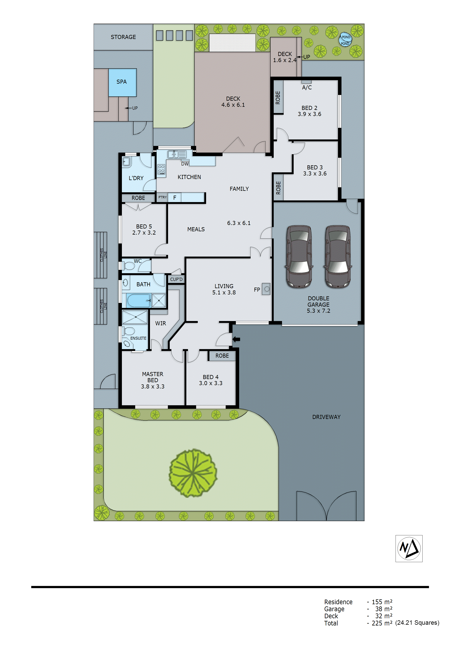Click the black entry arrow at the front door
pyautogui.click(x=236, y=339)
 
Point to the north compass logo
pyautogui.click(x=409, y=548)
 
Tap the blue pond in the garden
pyautogui.click(x=345, y=40)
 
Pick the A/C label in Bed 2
pyautogui.click(x=307, y=88)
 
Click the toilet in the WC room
pyautogui.click(x=129, y=266)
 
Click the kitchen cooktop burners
pyautogui.click(x=161, y=169)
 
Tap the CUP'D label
pyautogui.click(x=176, y=279)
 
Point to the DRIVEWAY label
pyautogui.click(x=326, y=417)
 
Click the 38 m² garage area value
pyautogui.click(x=384, y=609)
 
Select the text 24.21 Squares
pyautogui.click(x=417, y=623)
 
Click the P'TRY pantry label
pyautogui.click(x=163, y=197)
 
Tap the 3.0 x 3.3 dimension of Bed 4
pyautogui.click(x=211, y=383)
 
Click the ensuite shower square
pyautogui.click(x=135, y=317)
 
